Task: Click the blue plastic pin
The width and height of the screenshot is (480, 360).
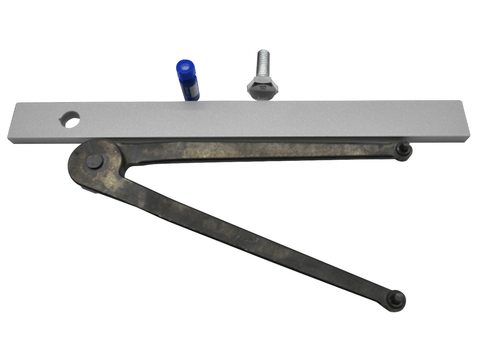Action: pos(186,79)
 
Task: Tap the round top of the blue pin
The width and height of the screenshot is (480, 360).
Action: pos(185,66)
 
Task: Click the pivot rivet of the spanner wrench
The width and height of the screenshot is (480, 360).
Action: pos(94,161)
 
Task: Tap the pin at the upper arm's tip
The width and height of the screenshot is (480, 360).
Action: pos(401,151)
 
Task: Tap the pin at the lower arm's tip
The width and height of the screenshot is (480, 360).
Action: pos(397,298)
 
